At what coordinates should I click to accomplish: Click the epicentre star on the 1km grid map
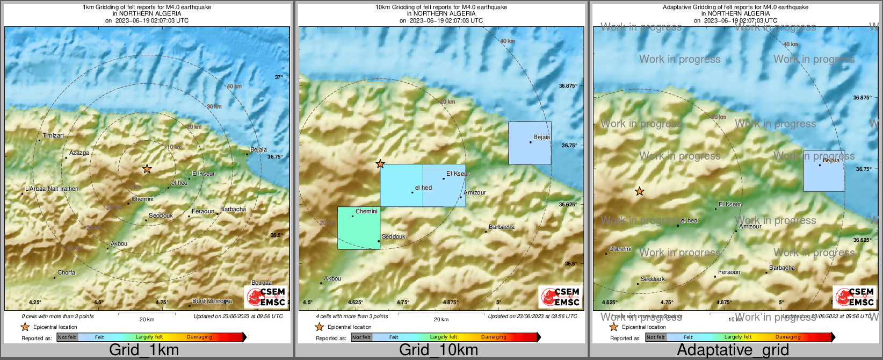[x=147, y=169]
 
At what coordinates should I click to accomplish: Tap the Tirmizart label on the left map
[x=53, y=136]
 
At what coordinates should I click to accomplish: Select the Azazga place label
[x=79, y=153]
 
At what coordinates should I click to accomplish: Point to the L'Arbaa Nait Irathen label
[x=52, y=189]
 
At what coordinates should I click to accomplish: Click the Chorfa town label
[x=67, y=273]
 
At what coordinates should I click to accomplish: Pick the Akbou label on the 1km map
[x=119, y=244]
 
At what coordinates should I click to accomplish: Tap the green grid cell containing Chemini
[x=359, y=228]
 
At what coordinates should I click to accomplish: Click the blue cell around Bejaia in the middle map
[x=530, y=143]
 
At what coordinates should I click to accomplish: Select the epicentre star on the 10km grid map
[x=380, y=164]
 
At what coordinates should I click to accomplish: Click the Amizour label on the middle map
[x=475, y=193]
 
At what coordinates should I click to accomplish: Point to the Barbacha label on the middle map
[x=502, y=227]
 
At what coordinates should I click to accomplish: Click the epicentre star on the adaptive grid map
[x=639, y=191]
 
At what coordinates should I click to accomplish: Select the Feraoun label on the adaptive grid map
[x=729, y=272]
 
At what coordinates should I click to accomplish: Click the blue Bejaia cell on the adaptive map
[x=824, y=171]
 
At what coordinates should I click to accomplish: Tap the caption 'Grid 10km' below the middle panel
[x=438, y=350]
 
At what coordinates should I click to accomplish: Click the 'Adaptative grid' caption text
[x=733, y=350]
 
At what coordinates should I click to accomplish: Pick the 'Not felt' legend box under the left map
[x=67, y=337]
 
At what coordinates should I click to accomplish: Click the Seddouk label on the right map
[x=653, y=279]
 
